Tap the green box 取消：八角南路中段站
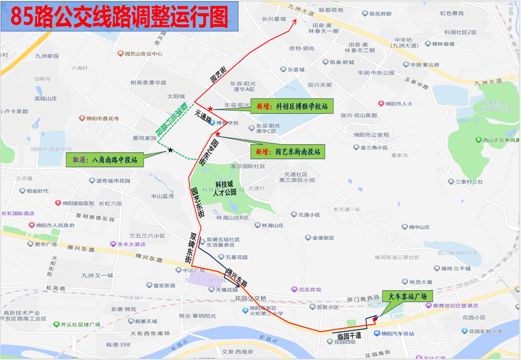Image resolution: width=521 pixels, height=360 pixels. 103,160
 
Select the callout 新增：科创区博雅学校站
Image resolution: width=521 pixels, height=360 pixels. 291,106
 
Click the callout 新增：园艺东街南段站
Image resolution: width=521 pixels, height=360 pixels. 288,151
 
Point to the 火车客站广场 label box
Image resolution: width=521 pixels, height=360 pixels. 406,296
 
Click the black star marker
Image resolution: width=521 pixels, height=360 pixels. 170,150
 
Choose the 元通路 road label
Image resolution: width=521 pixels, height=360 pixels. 204,116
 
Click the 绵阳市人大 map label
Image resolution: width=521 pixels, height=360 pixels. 398,104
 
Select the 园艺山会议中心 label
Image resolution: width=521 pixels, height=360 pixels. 143,54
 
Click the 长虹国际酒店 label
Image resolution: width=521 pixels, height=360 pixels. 22,213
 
